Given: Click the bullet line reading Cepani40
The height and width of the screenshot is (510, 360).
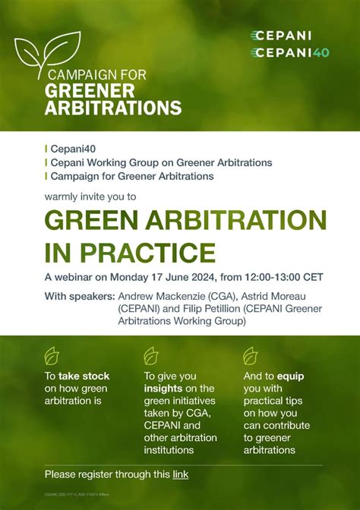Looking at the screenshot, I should (x=69, y=150).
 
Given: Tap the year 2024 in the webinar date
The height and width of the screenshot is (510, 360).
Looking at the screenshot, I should (x=191, y=276).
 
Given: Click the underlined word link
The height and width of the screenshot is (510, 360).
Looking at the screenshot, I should (x=180, y=475).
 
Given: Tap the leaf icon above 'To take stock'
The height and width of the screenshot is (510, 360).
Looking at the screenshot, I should (x=52, y=355).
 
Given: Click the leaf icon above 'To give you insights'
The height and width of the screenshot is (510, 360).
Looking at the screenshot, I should (x=150, y=355).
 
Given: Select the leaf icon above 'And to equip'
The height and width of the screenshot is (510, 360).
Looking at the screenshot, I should (x=250, y=355).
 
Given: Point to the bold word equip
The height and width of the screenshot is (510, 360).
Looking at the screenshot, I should (x=291, y=376).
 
